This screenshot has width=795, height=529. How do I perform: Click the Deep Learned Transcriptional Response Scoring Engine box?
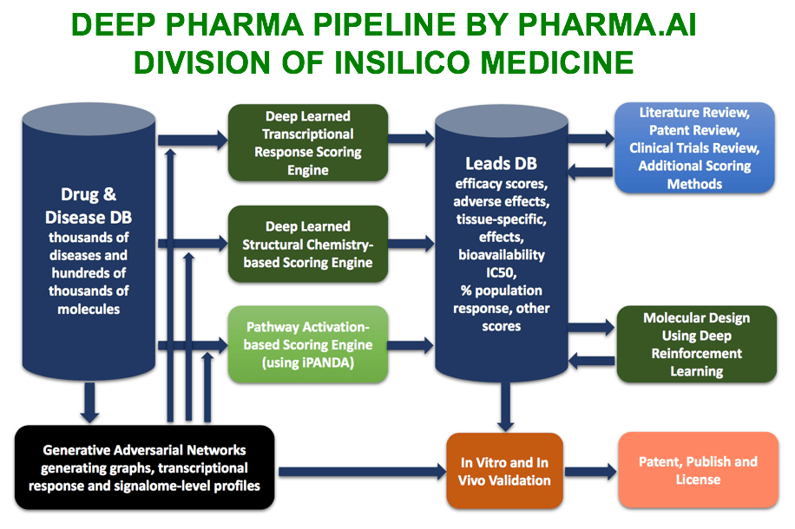pos(307,140)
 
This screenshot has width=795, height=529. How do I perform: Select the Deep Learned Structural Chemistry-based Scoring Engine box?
pos(307,244)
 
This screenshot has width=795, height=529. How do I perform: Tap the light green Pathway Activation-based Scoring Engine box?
pos(309,344)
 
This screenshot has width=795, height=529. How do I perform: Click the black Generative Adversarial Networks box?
pos(145,467)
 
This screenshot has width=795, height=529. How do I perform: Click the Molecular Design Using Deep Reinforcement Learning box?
pos(697,344)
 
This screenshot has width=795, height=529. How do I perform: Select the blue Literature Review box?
pos(693,147)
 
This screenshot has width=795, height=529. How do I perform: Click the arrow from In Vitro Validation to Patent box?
pos(586,472)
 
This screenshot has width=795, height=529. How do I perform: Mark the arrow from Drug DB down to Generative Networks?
pos(89,402)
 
